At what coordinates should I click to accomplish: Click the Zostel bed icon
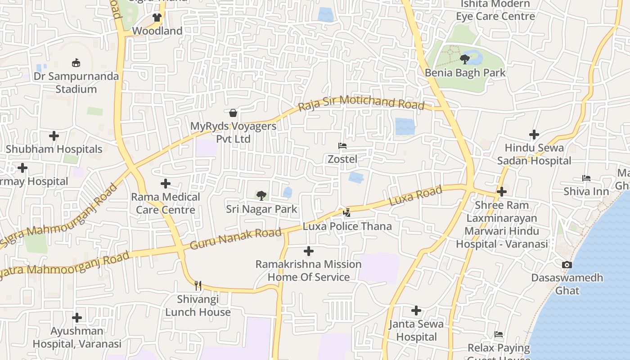(x=342, y=146)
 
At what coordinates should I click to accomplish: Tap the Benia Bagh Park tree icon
(x=465, y=59)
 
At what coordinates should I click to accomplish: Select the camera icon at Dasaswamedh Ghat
(x=567, y=265)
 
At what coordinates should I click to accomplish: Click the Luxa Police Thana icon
(x=346, y=212)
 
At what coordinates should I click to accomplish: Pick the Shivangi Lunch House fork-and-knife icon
(x=198, y=285)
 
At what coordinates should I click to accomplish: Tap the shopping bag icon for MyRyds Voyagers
(x=233, y=112)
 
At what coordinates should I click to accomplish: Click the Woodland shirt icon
(x=157, y=18)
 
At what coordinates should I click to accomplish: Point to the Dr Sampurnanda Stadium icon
(x=76, y=63)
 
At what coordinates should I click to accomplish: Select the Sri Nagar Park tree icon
(x=261, y=195)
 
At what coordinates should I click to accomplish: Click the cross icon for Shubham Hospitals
(x=54, y=135)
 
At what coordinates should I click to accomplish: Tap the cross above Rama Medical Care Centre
(x=166, y=184)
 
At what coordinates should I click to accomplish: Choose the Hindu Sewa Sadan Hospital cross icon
(x=534, y=134)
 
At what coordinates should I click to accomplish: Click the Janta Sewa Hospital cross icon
(x=416, y=310)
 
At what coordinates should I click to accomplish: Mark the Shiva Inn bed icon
(x=586, y=178)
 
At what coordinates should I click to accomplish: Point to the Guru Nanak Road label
(x=236, y=239)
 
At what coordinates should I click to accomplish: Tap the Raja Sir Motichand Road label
(x=361, y=103)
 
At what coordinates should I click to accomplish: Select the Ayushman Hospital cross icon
(x=77, y=318)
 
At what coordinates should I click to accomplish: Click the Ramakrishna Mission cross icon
(x=309, y=251)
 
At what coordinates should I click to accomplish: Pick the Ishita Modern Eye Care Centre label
(x=495, y=10)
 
